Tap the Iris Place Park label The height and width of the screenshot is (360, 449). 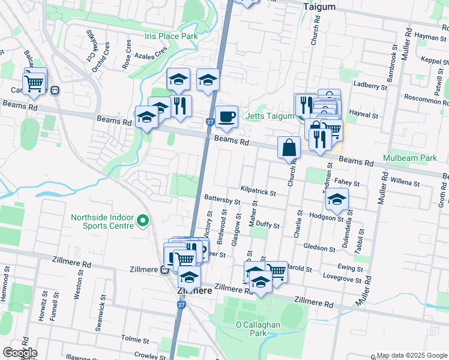[171, 37]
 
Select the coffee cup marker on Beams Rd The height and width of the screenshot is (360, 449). [226, 117]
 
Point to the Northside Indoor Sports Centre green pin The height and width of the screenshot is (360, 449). [142, 221]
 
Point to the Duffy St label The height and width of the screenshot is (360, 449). [268, 226]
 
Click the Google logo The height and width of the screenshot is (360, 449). [20, 353]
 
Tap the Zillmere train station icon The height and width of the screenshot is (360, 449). [164, 270]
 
